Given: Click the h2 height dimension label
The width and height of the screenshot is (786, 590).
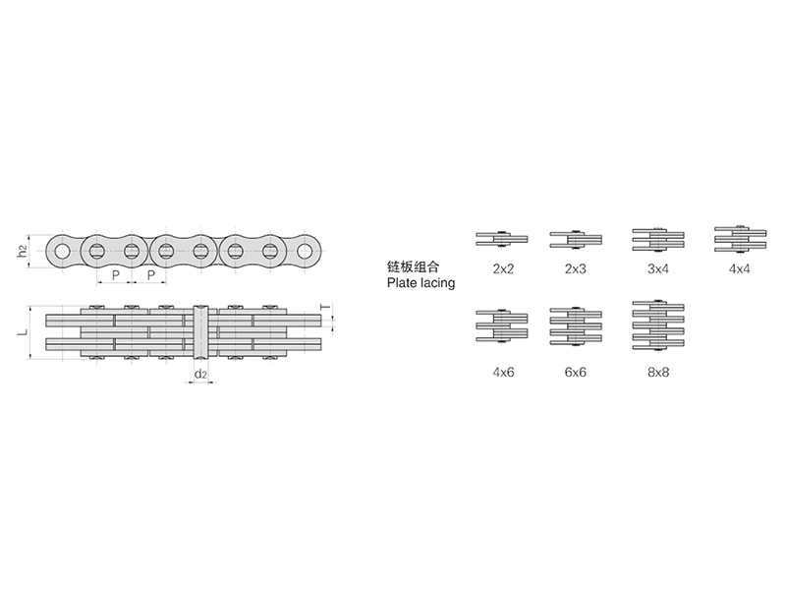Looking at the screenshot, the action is click(x=22, y=251).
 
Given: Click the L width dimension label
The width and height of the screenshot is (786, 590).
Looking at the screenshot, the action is click(x=23, y=332).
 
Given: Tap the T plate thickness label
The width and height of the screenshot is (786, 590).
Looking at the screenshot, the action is click(x=326, y=307).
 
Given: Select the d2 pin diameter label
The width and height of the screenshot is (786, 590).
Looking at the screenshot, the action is click(x=200, y=374).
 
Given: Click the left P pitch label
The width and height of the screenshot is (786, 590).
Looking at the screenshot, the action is click(x=116, y=275).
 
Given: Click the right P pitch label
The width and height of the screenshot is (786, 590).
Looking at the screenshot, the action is click(x=151, y=275).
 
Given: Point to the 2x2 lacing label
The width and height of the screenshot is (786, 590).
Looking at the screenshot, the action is click(x=503, y=268).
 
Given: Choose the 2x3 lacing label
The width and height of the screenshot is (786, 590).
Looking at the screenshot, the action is click(x=575, y=268).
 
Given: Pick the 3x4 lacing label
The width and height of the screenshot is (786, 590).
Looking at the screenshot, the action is click(x=657, y=268).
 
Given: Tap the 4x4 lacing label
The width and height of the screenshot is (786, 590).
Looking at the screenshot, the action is click(x=740, y=268).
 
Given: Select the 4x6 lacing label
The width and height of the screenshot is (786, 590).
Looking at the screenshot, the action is click(x=503, y=373).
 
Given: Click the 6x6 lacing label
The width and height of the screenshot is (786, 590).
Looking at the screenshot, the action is click(x=575, y=373).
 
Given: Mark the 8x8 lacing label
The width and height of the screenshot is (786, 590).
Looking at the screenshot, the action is click(x=657, y=373).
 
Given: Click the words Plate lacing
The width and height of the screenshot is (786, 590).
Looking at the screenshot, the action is click(x=421, y=283).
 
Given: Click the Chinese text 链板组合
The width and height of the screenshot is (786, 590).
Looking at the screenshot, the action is click(x=413, y=266).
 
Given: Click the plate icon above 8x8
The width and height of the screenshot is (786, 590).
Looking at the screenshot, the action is click(x=658, y=325).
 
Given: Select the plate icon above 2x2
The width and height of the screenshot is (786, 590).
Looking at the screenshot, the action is click(x=502, y=239).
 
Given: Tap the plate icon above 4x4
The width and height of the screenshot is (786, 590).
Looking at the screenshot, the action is click(x=741, y=238).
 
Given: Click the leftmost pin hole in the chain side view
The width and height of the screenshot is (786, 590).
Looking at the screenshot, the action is click(x=62, y=251).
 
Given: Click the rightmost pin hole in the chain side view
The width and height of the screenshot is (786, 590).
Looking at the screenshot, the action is click(x=305, y=251).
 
